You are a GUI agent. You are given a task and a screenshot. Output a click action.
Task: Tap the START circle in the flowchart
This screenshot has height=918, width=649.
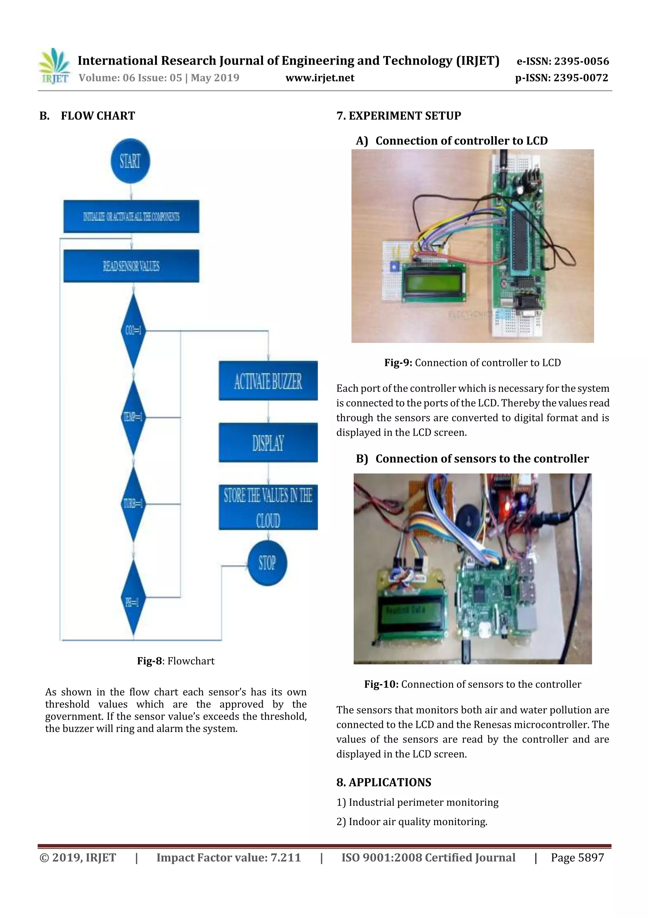pyautogui.click(x=130, y=161)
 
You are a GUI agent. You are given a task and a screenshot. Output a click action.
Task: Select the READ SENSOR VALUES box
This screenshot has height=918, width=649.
pyautogui.click(x=131, y=266)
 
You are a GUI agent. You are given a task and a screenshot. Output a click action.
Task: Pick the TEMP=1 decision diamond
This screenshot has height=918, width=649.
pyautogui.click(x=133, y=417)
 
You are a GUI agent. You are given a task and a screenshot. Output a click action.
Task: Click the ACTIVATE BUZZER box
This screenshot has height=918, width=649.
pyautogui.click(x=268, y=381)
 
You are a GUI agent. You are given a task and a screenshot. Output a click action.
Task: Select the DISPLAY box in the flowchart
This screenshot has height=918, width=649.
pyautogui.click(x=268, y=443)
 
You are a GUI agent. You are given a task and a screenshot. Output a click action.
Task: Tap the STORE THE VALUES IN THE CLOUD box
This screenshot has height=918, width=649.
pyautogui.click(x=268, y=507)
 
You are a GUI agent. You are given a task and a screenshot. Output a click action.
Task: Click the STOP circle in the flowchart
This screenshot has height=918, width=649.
pyautogui.click(x=267, y=563)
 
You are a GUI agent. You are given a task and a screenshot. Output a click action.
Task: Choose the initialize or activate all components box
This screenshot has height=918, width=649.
pyautogui.click(x=131, y=216)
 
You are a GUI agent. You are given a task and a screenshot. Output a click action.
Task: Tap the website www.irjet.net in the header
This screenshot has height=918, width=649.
pyautogui.click(x=320, y=78)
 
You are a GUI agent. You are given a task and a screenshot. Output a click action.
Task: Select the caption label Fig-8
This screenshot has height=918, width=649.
pyautogui.click(x=149, y=661)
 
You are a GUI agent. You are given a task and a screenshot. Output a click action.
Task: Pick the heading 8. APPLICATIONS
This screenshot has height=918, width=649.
pyautogui.click(x=384, y=782)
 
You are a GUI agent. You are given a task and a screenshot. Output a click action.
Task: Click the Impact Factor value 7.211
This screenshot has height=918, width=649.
pyautogui.click(x=286, y=857)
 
